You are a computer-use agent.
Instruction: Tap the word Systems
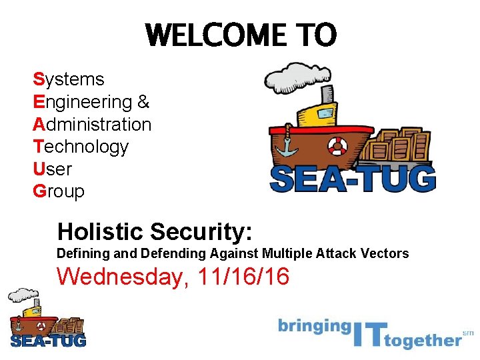click(x=69, y=79)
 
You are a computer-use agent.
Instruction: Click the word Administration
click(x=92, y=125)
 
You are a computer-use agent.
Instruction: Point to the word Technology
click(x=80, y=147)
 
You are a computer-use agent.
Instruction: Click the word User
click(x=52, y=169)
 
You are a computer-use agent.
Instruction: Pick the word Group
click(x=59, y=192)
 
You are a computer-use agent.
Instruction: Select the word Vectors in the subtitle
click(x=385, y=253)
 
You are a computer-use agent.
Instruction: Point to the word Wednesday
click(x=119, y=276)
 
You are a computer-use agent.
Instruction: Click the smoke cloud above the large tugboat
click(x=291, y=77)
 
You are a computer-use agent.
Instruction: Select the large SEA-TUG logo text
click(x=353, y=179)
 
